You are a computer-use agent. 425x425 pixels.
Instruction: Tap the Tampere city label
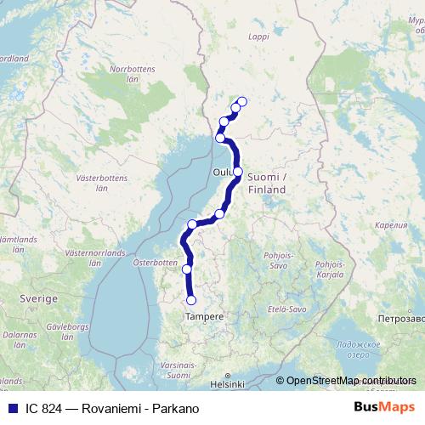tap(204, 316)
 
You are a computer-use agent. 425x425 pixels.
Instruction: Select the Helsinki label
tap(228, 383)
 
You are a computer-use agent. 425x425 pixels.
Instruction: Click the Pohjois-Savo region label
tap(278, 258)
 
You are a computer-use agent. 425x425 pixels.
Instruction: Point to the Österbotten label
tap(153, 263)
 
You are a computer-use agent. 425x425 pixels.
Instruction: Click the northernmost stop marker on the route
tap(241, 102)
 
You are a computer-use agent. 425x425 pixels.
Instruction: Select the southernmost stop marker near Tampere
tap(191, 300)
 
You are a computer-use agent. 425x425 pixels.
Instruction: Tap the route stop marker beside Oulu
tap(238, 172)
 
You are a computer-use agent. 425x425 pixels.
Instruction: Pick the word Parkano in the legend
tap(180, 408)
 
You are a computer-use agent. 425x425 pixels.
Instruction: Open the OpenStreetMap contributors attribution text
tap(351, 382)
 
